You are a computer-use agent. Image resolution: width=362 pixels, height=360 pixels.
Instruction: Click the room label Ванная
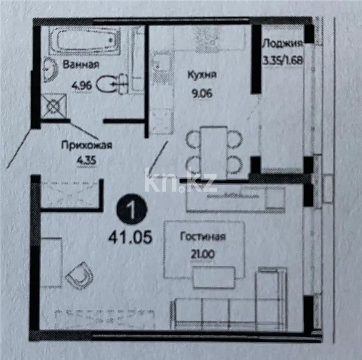(80, 65)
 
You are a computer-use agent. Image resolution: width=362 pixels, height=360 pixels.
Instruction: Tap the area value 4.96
(82, 85)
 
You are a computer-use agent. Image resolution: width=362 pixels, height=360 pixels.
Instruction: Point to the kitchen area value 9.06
(202, 94)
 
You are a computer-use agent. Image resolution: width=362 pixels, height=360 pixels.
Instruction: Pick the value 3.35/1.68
(282, 60)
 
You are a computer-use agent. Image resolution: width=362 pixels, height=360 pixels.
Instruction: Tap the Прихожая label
(87, 145)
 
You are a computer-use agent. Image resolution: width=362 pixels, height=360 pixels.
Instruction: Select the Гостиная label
(203, 236)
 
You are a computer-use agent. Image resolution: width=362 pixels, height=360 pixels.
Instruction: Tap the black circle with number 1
(131, 210)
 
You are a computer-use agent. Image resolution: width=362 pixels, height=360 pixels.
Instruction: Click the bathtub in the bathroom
(85, 41)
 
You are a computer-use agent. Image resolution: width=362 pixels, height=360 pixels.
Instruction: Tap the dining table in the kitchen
(214, 151)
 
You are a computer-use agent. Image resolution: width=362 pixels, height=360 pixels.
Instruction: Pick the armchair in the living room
(80, 275)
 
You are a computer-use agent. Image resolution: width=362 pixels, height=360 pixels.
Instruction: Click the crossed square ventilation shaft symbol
(53, 106)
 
